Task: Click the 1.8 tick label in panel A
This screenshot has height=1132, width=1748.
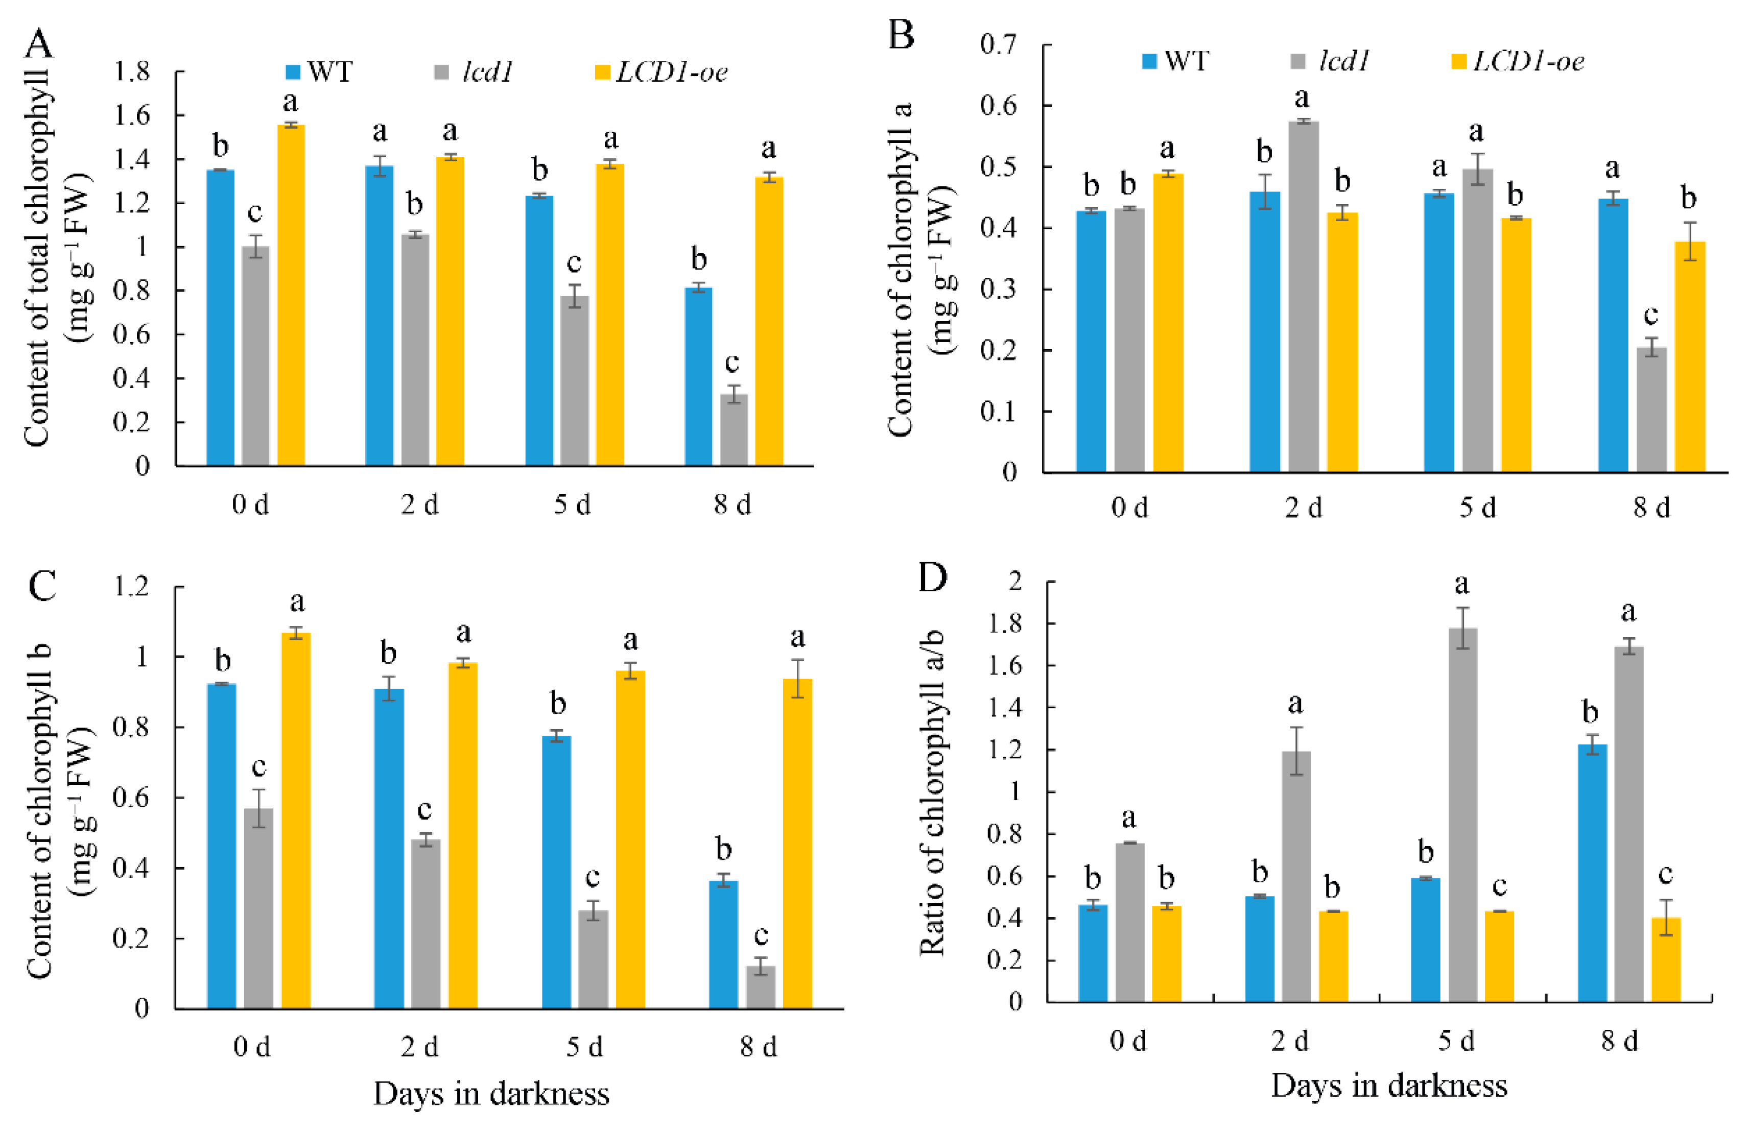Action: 132,72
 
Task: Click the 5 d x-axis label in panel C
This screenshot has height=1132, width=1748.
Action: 585,1047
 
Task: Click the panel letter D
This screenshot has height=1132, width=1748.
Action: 933,578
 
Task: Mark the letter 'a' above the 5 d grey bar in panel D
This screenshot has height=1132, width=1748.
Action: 1461,584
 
